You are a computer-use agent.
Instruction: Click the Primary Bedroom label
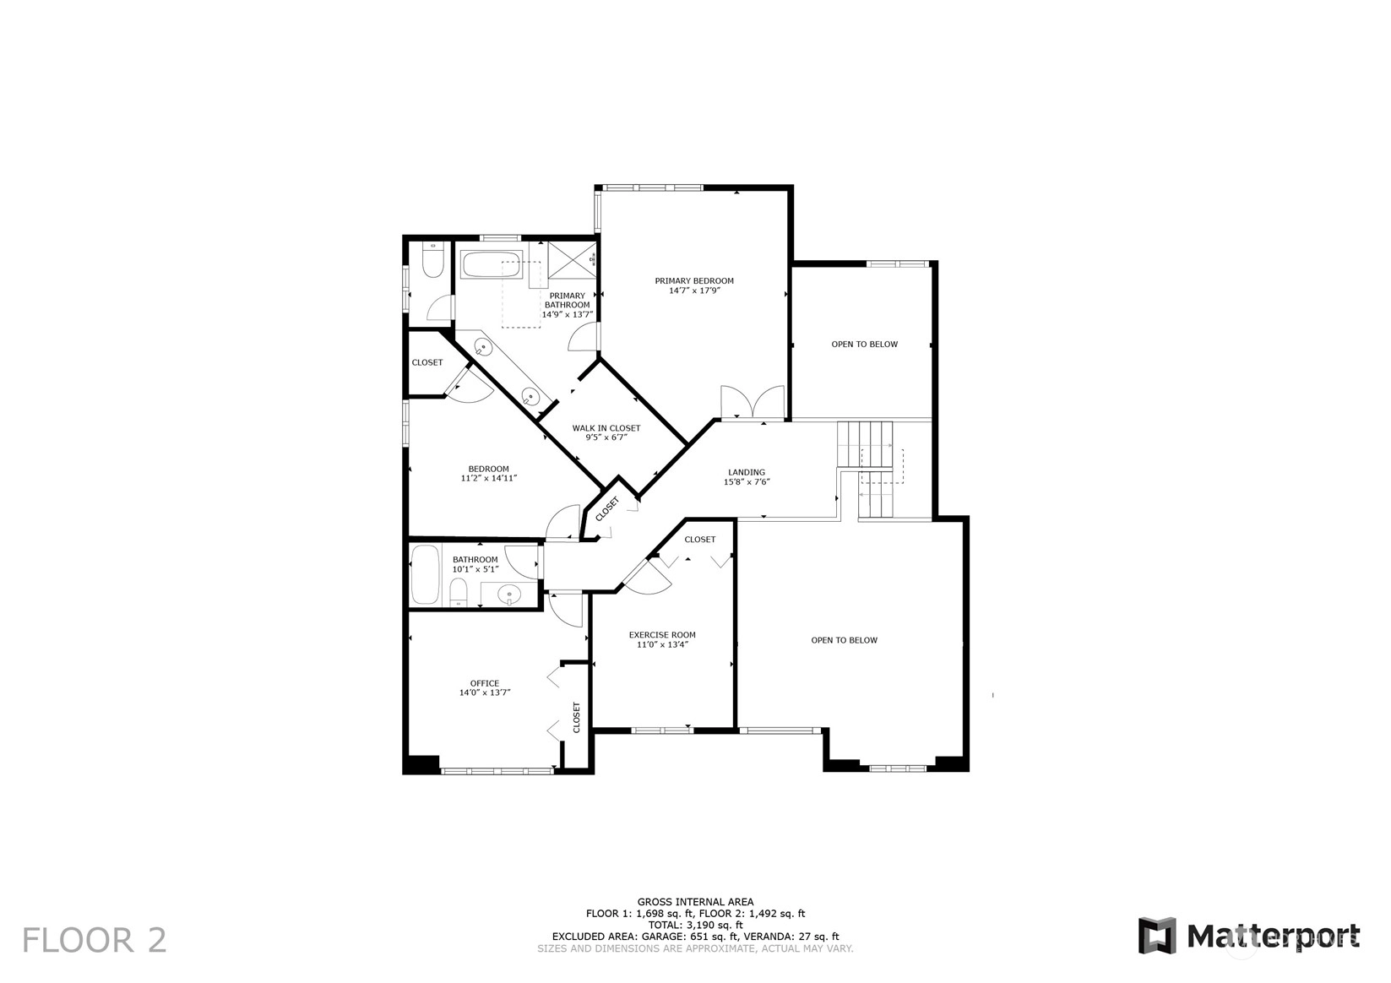tap(694, 280)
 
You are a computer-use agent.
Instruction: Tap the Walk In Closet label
tap(606, 428)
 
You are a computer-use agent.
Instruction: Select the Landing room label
tap(747, 472)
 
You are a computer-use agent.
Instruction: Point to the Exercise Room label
tap(662, 634)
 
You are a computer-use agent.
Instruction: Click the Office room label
tap(485, 683)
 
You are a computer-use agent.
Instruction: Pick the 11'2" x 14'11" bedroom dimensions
tap(489, 478)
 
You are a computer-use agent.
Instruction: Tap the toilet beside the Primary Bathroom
tap(432, 260)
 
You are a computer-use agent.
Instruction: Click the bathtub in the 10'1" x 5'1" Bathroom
tap(426, 574)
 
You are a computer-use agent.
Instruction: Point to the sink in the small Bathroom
tap(509, 594)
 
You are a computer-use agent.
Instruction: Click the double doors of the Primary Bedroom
tap(753, 402)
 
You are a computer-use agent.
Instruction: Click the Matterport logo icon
tap(1157, 936)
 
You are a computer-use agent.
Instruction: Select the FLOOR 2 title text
tap(95, 940)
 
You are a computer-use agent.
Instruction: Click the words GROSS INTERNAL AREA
tap(696, 902)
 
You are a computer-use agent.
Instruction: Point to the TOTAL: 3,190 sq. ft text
tap(696, 925)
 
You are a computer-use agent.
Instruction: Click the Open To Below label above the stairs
tap(864, 344)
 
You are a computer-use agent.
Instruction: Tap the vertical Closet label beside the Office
tap(576, 717)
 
